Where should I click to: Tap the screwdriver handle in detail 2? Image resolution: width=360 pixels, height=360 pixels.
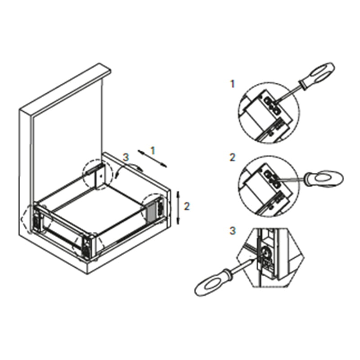[323, 178]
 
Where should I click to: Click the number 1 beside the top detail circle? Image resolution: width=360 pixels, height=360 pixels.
[232, 84]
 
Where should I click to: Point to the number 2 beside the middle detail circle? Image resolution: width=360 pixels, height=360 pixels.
[232, 157]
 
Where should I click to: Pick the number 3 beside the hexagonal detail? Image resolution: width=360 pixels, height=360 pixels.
[232, 230]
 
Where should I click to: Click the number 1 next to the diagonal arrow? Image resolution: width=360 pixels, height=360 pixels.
[153, 151]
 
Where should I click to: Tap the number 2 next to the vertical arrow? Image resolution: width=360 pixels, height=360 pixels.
[187, 207]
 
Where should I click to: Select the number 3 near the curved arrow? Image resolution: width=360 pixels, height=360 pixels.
[126, 157]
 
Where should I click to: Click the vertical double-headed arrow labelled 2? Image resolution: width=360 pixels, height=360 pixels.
[178, 207]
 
